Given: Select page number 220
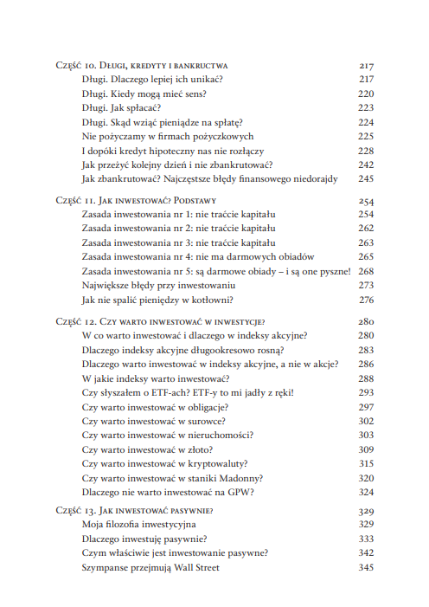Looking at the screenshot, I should (365, 94).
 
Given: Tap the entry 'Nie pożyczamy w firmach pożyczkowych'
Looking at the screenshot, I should (167, 136).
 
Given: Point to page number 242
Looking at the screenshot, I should (365, 165).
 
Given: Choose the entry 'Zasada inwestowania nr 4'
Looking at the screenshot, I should (197, 257).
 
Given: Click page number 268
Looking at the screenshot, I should (365, 271).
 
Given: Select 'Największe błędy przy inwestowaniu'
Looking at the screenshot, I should (159, 286).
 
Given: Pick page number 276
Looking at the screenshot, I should (365, 300).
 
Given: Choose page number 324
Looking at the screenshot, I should (365, 492).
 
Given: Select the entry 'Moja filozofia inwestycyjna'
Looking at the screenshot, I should (139, 525).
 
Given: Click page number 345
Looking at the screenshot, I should (365, 568).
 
